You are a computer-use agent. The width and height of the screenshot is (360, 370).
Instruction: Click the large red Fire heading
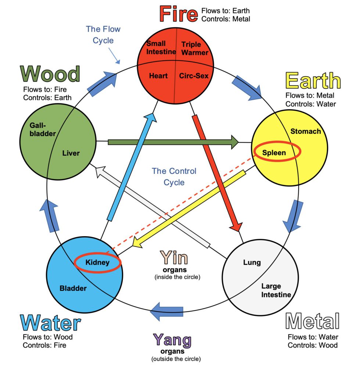coord(179,14)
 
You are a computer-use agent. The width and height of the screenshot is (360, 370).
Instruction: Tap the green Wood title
coord(50,74)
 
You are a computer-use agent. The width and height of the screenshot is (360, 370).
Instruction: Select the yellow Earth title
coord(313,81)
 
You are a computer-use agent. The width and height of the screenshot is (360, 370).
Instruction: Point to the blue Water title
coord(50,323)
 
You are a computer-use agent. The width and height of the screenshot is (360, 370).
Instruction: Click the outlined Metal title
coord(312,321)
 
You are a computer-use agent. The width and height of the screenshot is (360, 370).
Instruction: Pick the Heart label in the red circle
coord(158,76)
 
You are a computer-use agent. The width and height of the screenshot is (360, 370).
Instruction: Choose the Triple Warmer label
coord(195,49)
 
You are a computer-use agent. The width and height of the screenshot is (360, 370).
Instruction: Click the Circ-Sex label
coord(194,76)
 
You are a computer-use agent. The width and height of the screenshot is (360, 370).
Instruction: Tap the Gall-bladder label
coord(43,129)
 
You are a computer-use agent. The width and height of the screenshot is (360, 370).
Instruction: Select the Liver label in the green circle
coord(71,153)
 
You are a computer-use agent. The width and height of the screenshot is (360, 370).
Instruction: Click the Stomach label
coord(306,131)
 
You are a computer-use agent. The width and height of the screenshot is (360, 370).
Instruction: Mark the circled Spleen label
coord(274,153)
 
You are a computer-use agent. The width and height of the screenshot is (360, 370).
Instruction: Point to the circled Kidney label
coord(97,262)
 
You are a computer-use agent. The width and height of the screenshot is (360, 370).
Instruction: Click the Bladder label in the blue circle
coord(73,288)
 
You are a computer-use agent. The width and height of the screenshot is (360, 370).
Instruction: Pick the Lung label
coord(252,262)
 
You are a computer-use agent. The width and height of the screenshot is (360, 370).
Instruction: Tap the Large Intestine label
coord(276,291)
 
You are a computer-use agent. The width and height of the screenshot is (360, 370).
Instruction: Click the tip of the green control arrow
coord(239,142)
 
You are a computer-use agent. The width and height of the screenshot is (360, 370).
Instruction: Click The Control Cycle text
coord(174,177)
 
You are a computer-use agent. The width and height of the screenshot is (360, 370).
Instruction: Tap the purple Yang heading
coord(172,340)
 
